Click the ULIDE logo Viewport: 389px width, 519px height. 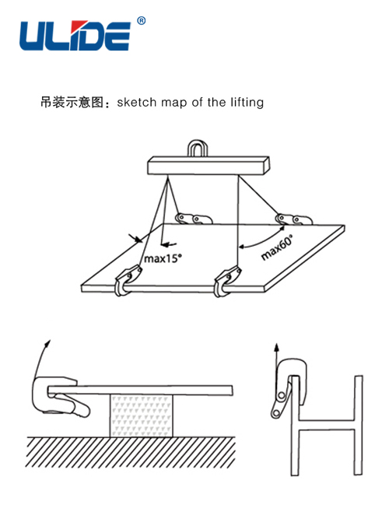[75, 36]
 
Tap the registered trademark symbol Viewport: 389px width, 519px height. [142, 21]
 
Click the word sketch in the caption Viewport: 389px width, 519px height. [137, 102]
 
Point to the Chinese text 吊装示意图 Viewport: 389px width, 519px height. [72, 102]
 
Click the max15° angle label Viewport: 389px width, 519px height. [163, 258]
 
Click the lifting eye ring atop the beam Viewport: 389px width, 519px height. [198, 148]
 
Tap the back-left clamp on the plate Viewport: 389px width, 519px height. [194, 219]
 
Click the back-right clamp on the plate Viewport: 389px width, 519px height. [293, 219]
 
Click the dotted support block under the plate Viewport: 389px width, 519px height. [141, 416]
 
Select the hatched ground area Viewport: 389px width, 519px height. [131, 452]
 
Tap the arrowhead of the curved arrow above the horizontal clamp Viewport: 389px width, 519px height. [48, 343]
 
